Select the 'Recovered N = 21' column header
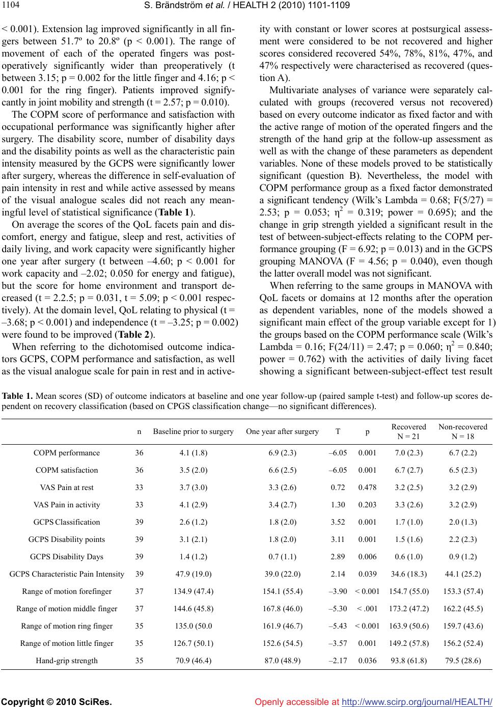[x=409, y=430]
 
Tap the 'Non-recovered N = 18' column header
[x=462, y=430]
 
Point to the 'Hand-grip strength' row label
[x=67, y=661]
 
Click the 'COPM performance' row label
[x=67, y=453]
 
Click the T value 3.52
[x=338, y=522]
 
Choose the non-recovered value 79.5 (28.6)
[x=462, y=661]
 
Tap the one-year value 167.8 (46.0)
[x=283, y=609]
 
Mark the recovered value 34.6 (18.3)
[x=409, y=574]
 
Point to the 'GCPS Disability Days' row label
[x=67, y=557]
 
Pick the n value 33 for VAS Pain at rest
[x=139, y=487]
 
